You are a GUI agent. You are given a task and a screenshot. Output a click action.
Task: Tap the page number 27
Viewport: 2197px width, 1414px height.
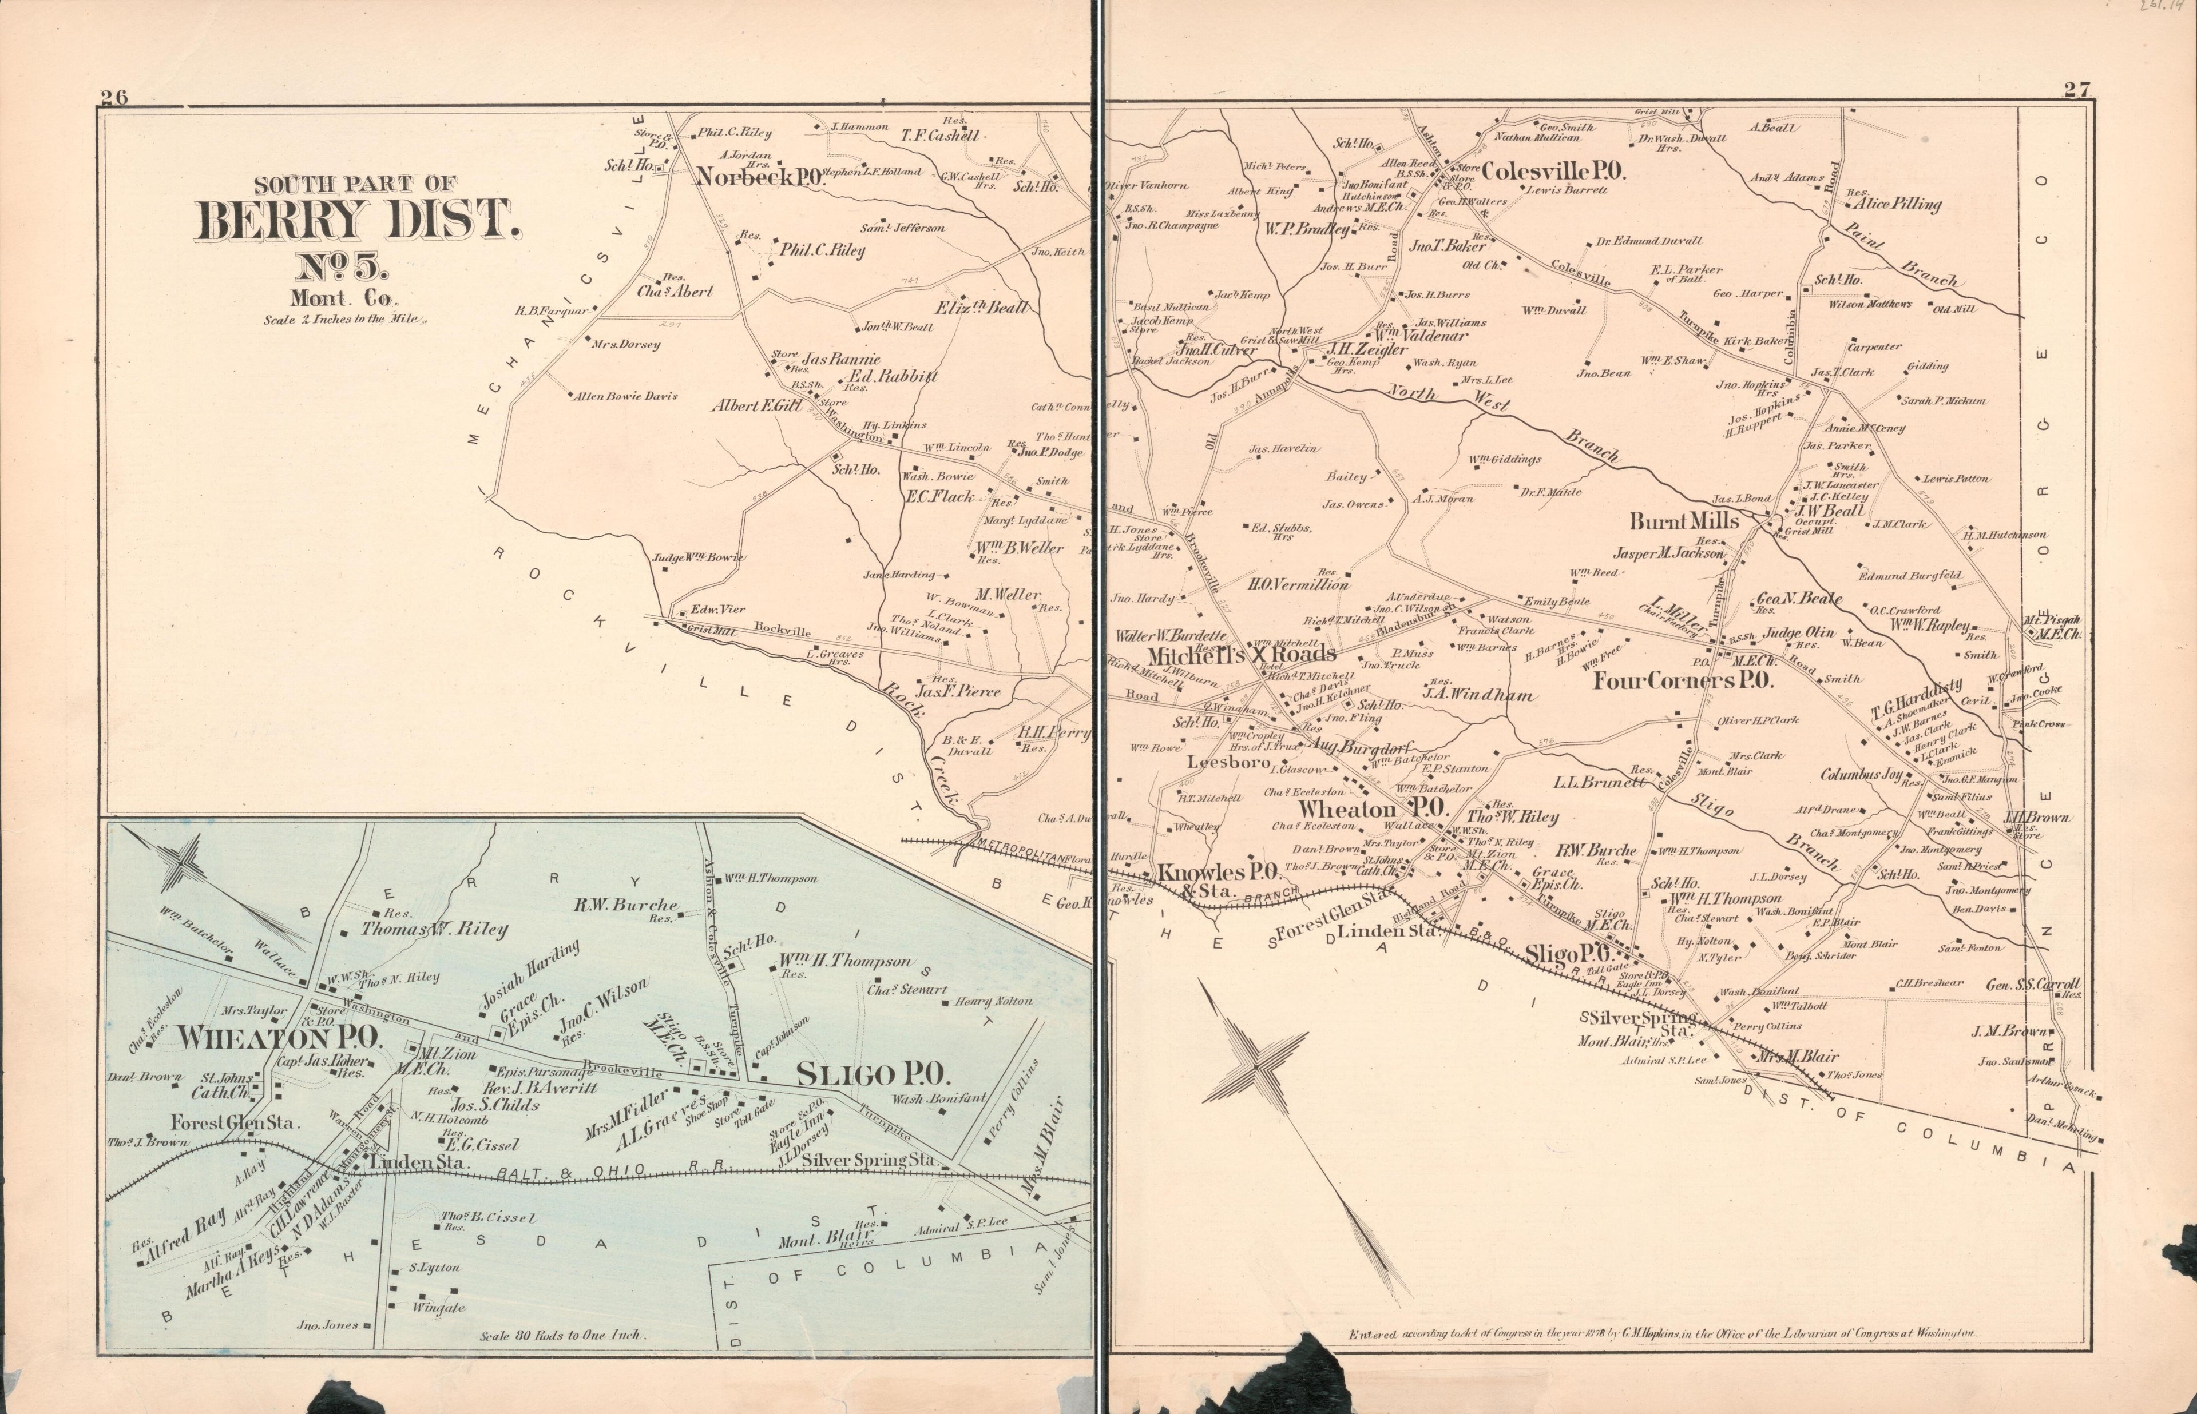2077,90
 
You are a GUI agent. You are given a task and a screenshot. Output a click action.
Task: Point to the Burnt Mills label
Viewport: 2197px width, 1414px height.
1684,521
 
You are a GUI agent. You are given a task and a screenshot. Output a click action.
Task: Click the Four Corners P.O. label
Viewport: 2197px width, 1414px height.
1683,680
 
